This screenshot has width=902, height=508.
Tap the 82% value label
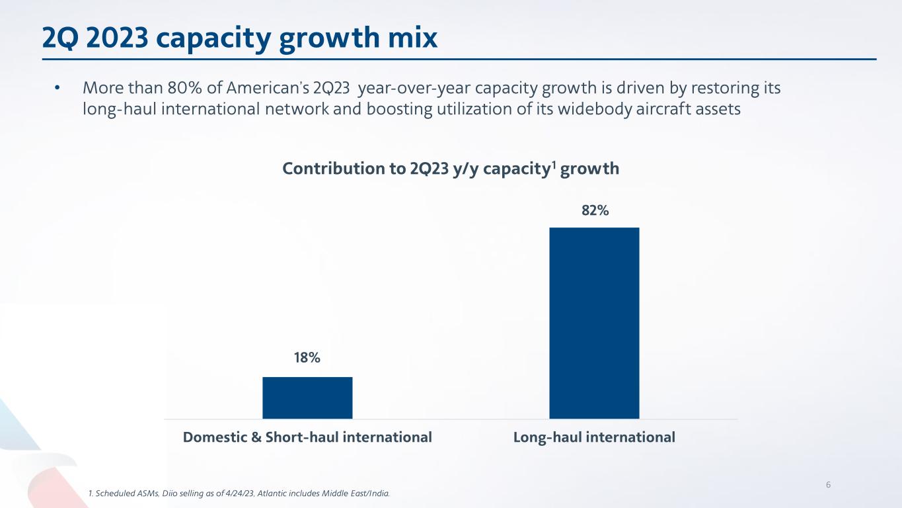coord(595,210)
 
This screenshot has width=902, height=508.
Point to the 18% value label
coord(307,358)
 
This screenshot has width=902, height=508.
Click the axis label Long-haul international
coord(594,437)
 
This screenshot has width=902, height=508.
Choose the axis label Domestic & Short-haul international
coord(307,437)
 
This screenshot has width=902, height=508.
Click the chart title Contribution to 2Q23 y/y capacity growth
coord(450,169)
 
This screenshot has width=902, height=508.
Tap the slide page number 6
coord(827,484)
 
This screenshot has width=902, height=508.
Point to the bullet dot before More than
coord(57,88)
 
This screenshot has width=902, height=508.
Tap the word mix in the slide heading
coord(414,40)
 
